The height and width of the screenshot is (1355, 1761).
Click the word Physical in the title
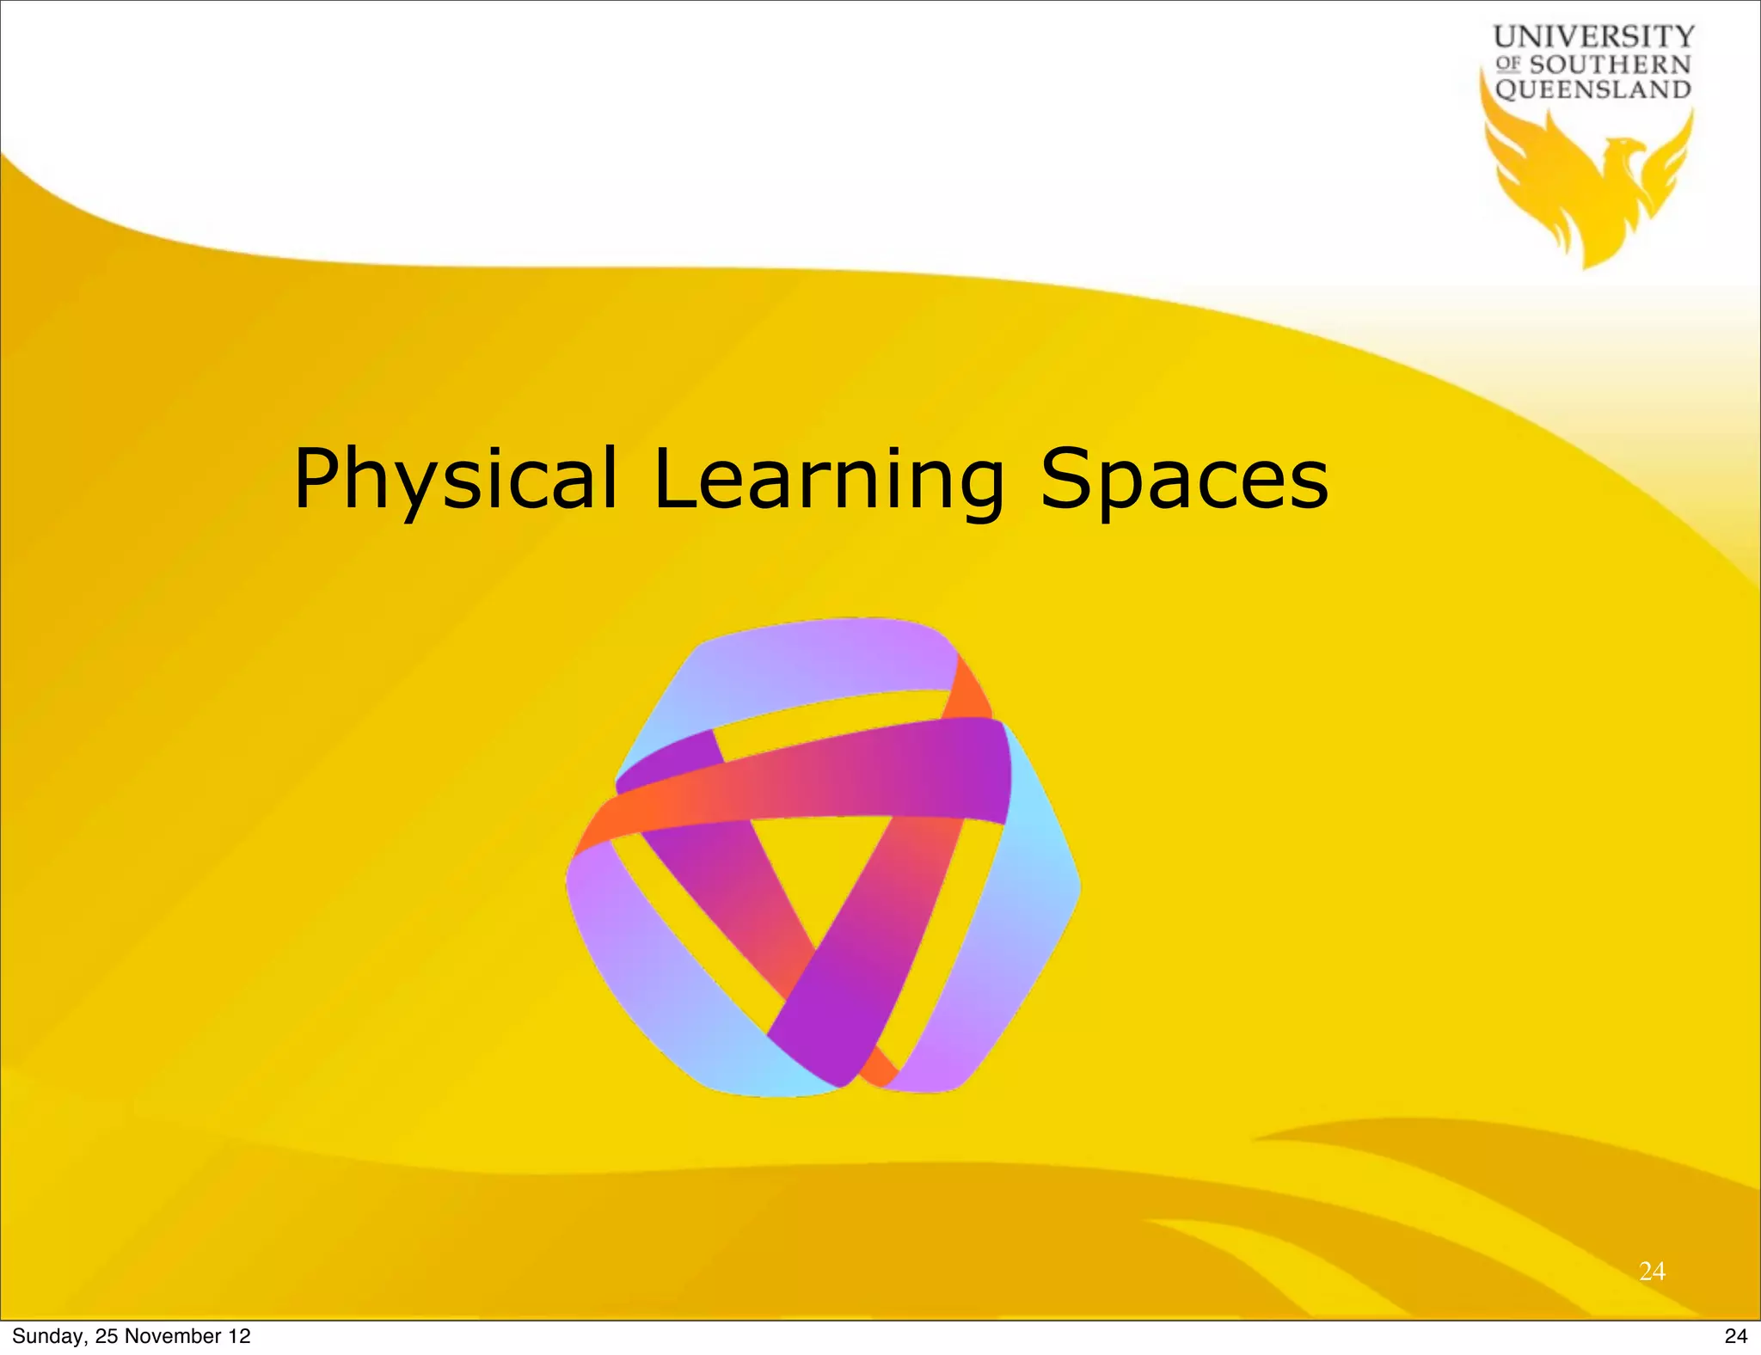coord(455,479)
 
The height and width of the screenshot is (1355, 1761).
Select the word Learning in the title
coord(828,479)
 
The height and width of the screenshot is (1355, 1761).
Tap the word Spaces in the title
coord(1184,479)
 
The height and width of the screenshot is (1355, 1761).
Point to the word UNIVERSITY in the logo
coord(1593,37)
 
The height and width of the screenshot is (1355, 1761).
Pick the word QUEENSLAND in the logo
coord(1593,89)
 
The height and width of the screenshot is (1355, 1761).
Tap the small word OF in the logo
coord(1508,64)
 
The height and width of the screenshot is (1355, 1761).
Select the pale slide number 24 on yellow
coord(1652,1271)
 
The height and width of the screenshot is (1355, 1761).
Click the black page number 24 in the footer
coord(1736,1336)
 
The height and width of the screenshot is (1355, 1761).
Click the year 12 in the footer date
coord(239,1336)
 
